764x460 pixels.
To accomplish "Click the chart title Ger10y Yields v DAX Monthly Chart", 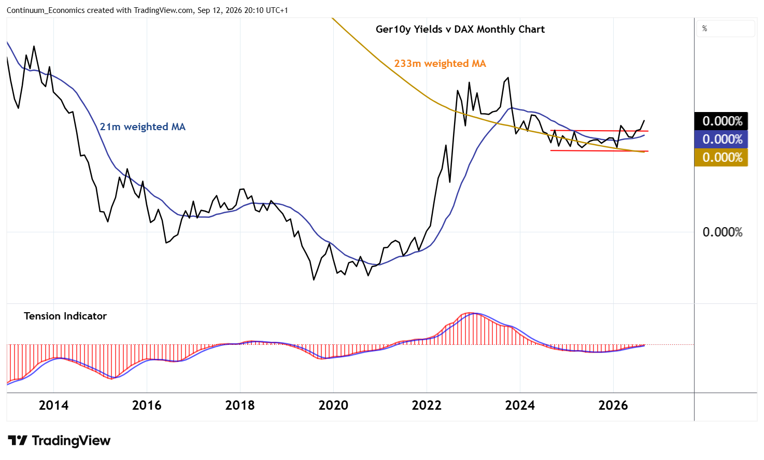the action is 460,30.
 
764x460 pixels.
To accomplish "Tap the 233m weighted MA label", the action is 440,63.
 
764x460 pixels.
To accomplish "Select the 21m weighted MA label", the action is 143,127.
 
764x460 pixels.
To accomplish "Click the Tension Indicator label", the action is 65,316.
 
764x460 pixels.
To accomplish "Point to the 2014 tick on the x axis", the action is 53,406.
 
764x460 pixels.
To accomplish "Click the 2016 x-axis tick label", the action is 147,406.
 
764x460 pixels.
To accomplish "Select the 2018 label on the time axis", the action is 240,406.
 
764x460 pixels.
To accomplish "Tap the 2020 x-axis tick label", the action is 333,406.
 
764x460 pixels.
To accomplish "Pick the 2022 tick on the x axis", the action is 427,406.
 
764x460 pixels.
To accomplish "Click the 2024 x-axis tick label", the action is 520,406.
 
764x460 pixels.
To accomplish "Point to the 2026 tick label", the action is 613,406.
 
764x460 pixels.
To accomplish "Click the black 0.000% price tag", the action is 721,121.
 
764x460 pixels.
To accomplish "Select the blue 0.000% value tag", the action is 721,139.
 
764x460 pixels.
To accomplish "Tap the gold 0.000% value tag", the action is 721,157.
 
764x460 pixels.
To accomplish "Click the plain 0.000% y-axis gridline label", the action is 723,232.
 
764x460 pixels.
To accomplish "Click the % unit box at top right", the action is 726,29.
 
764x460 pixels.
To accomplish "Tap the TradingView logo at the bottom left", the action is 59,440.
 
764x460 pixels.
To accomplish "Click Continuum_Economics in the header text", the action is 46,10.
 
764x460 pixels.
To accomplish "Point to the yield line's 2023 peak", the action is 508,77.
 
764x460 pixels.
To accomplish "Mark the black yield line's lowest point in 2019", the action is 314,280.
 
